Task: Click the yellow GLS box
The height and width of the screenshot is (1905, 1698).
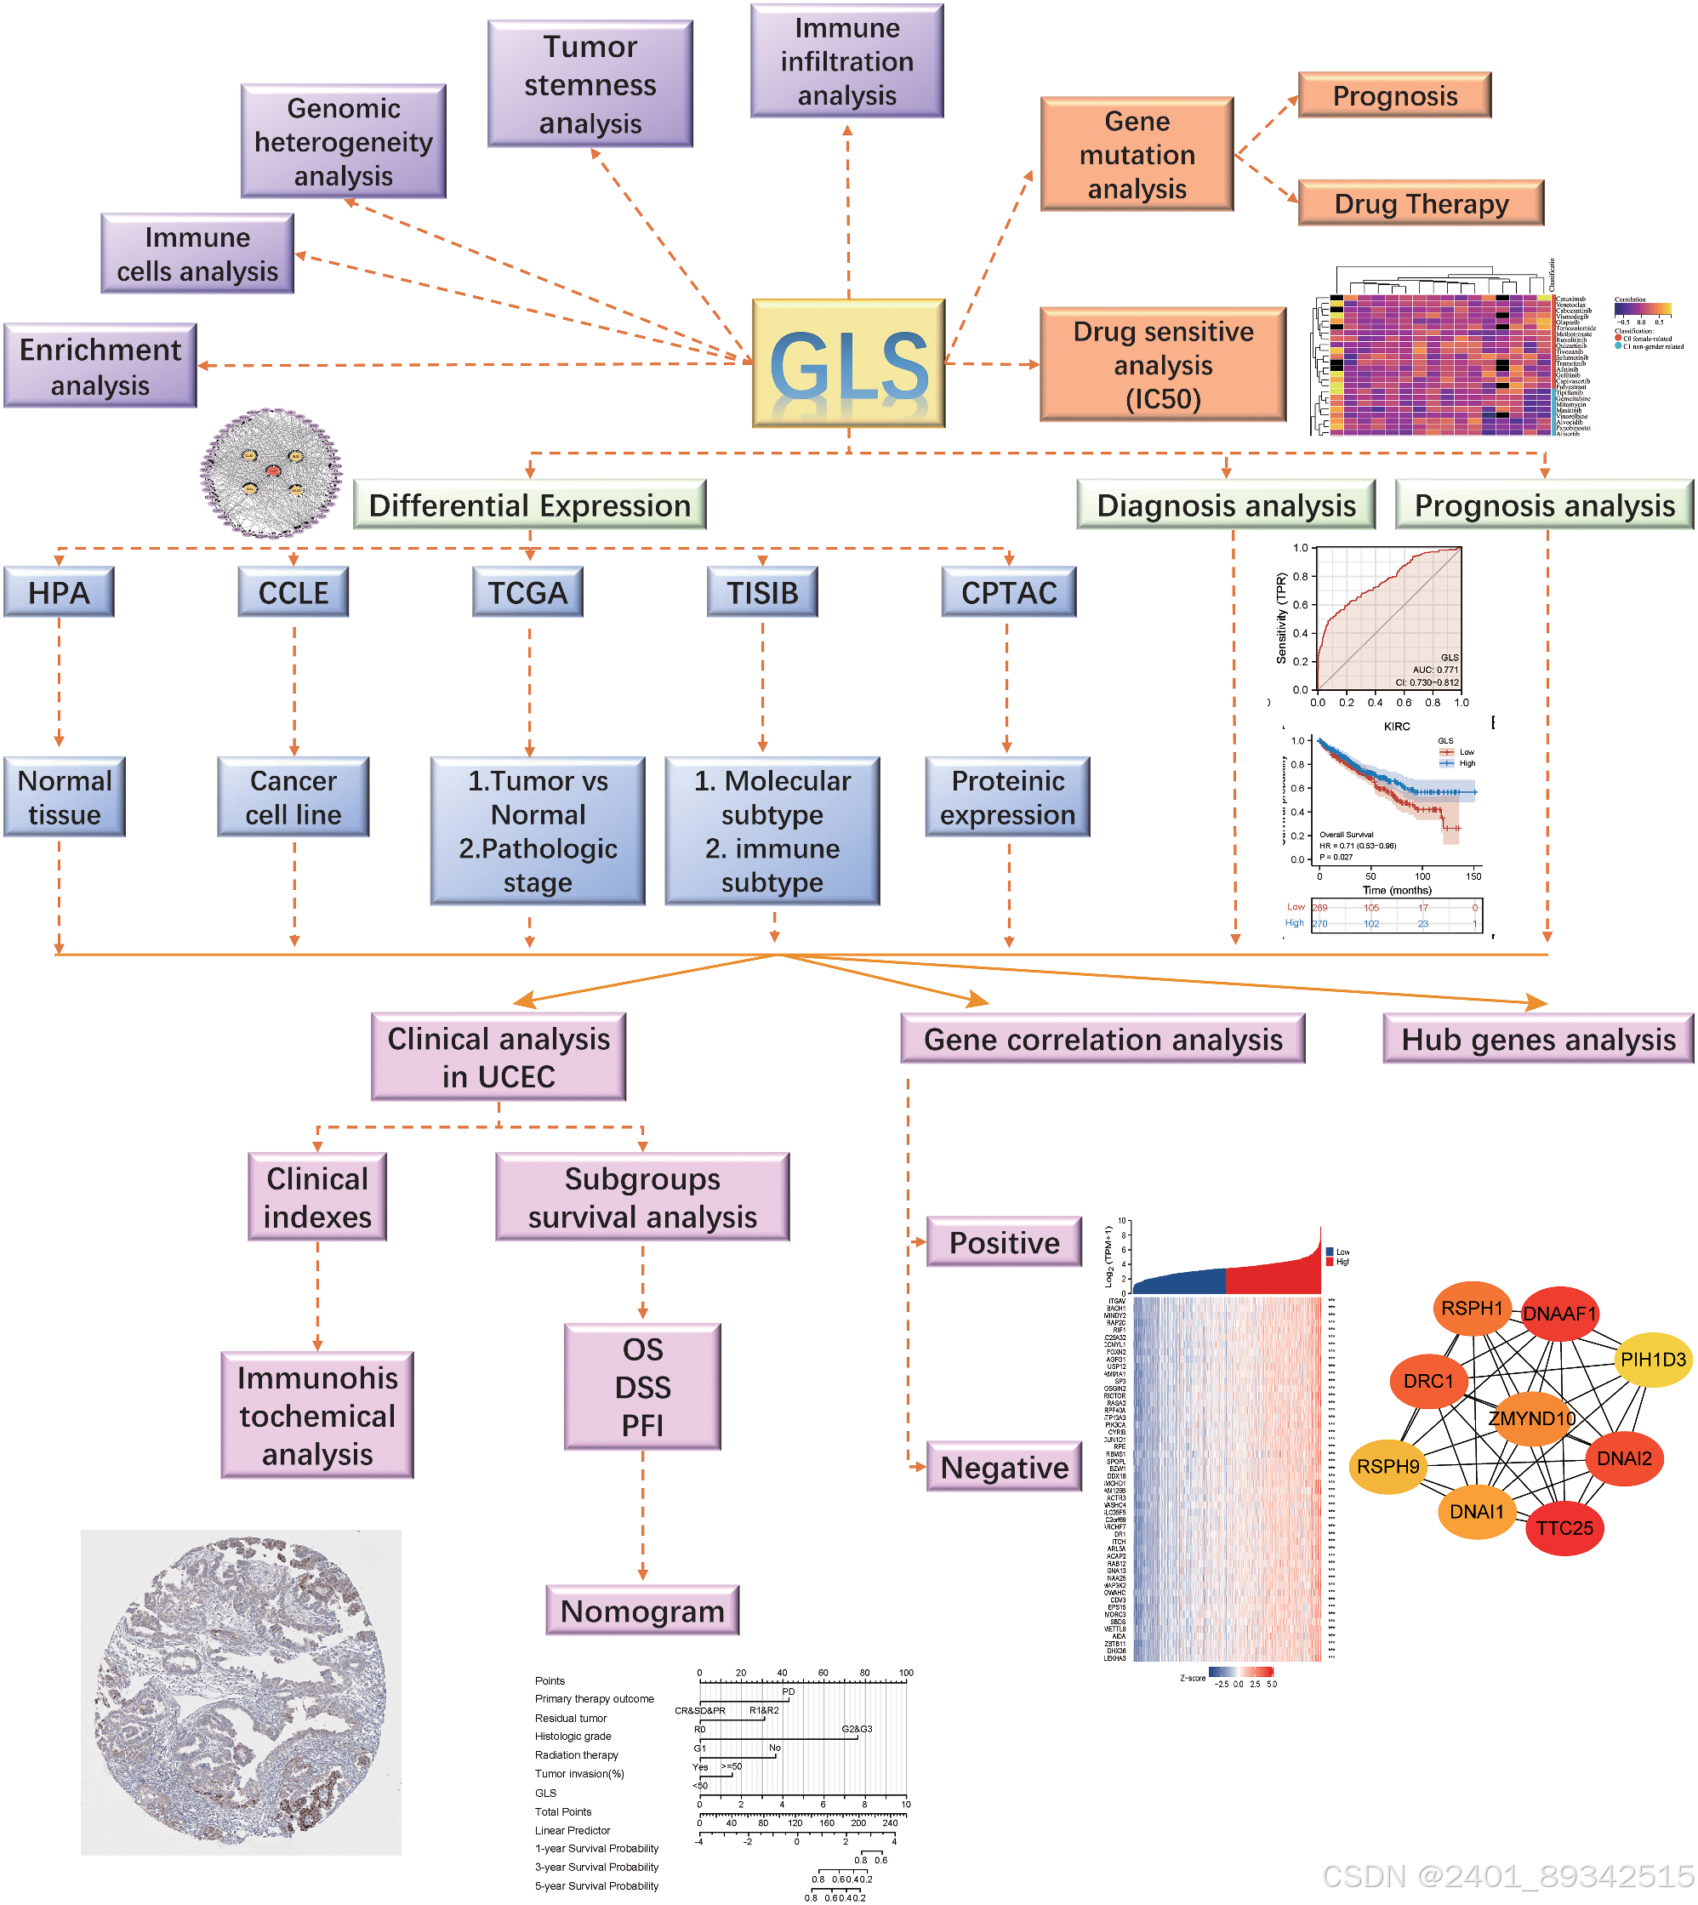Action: pos(848,363)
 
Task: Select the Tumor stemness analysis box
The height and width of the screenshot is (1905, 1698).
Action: pos(590,84)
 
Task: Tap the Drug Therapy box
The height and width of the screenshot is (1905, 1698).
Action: pos(1420,203)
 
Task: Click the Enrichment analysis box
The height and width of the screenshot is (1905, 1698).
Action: pos(100,366)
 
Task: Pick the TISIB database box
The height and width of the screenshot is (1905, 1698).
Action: pos(762,592)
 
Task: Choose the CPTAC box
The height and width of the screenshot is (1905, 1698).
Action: pos(1009,592)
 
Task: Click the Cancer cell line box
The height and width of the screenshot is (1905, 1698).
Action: pos(293,796)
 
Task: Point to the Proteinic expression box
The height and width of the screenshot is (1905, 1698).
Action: pos(1007,796)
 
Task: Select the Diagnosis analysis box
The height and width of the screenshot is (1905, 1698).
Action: pos(1225,505)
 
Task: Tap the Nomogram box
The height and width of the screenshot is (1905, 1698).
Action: pos(642,1611)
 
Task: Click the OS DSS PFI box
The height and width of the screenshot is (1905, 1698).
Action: pos(642,1386)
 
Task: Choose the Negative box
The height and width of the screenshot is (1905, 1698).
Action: pos(1004,1467)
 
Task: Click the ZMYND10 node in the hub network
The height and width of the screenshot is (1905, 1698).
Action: pos(1531,1418)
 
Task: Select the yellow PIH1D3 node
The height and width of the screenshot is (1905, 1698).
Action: pos(1652,1360)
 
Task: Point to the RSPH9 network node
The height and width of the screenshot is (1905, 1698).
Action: pos(1387,1467)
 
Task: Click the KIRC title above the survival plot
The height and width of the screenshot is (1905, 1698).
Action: pos(1396,726)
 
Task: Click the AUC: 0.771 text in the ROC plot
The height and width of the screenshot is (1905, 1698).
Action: pos(1434,669)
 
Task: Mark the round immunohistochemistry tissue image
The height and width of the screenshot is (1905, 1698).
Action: pos(241,1691)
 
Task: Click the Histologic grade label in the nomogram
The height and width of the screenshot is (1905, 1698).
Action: pos(573,1737)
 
